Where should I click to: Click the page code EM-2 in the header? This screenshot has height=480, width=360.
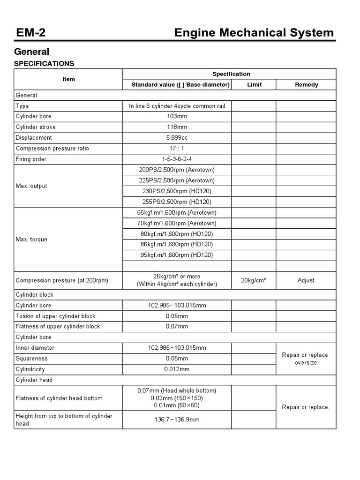[x=30, y=32]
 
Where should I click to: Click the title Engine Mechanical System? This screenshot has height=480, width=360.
[x=254, y=32]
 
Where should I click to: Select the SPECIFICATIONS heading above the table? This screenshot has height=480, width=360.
[x=44, y=63]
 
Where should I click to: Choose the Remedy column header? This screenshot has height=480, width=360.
[x=306, y=85]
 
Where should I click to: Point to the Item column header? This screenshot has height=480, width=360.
[x=68, y=79]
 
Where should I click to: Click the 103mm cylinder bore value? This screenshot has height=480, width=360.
[x=177, y=116]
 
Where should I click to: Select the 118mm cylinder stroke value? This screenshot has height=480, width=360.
[x=177, y=127]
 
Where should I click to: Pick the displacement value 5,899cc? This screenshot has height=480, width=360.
[x=177, y=138]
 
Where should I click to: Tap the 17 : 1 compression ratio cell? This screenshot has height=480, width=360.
[x=177, y=149]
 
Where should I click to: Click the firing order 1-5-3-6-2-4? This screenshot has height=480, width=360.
[x=177, y=159]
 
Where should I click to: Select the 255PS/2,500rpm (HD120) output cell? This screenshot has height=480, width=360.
[x=177, y=202]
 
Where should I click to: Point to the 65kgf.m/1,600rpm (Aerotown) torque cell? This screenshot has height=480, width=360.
[x=177, y=213]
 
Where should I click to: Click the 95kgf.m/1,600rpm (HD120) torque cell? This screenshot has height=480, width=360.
[x=177, y=255]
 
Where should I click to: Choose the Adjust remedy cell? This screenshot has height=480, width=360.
[x=306, y=280]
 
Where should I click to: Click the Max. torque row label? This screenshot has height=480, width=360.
[x=31, y=240]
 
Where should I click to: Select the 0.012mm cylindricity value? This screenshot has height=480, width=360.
[x=177, y=369]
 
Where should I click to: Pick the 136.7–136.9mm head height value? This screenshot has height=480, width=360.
[x=177, y=420]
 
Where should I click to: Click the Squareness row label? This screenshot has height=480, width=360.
[x=32, y=359]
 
